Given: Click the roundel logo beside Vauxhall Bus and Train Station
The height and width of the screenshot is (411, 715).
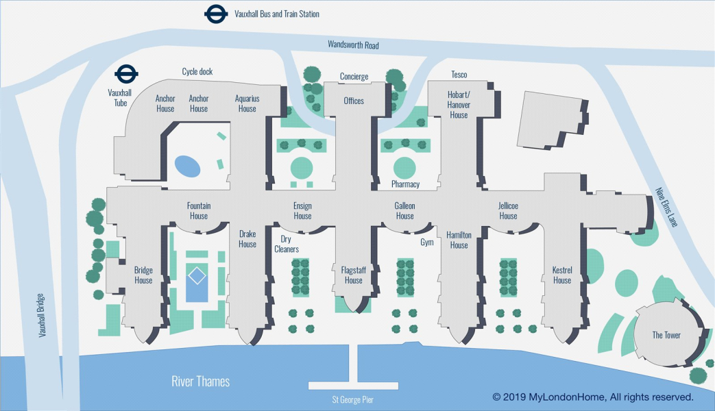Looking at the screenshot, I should tap(215, 14).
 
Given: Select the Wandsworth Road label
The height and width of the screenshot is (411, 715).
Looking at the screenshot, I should tap(353, 45).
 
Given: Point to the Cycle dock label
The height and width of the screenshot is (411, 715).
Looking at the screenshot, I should tap(197, 71).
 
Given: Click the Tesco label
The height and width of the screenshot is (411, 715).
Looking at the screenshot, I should tap(459, 74).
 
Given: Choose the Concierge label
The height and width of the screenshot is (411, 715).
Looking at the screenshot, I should tap(354, 77).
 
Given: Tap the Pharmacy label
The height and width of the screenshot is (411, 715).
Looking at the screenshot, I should tap(405, 184).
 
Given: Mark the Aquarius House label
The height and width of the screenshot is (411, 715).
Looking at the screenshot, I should tap(247, 103).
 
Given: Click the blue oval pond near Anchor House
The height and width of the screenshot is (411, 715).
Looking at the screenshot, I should tap(188, 165).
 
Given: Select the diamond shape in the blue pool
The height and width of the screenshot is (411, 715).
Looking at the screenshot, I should tap(197, 275).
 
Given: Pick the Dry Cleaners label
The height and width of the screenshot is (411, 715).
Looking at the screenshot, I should tap(287, 244).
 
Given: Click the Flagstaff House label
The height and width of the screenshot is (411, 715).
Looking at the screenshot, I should tap(354, 275).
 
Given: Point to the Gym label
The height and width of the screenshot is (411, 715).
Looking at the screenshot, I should tap(427, 242).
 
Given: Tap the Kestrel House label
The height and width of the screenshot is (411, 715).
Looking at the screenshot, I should tap(562, 275).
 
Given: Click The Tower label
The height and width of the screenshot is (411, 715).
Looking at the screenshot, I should tap(666, 335).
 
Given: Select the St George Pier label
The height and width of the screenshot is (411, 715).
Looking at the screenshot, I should tap(354, 399).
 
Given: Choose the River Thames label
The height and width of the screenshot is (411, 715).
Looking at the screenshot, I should tap(200, 382).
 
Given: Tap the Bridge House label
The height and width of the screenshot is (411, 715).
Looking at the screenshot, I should tap(143, 275).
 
